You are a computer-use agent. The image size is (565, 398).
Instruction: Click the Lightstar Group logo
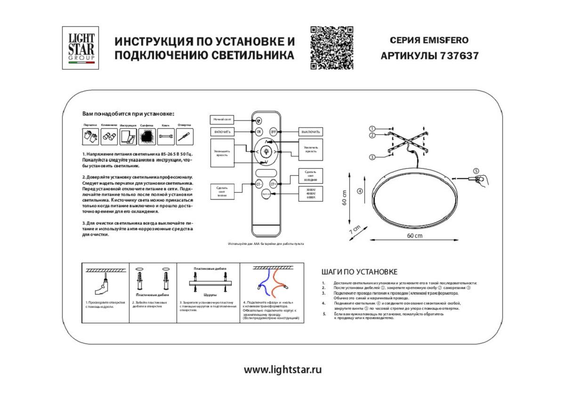point(81,48)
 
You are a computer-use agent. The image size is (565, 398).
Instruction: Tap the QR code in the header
point(331,48)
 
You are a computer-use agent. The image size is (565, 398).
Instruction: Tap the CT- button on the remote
point(259,185)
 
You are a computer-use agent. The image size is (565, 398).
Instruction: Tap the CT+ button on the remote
point(273,185)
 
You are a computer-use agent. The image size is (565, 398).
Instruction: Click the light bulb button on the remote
point(266,151)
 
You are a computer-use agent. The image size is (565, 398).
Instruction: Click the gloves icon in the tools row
point(90,137)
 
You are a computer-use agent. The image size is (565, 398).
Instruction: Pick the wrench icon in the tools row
point(165,137)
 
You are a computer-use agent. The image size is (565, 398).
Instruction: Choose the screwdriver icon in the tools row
point(184,137)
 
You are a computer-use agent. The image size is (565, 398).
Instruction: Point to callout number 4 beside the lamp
point(359,191)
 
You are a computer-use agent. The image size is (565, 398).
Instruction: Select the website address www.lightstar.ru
point(282,369)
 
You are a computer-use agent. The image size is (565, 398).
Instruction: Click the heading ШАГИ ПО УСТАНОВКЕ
point(359,272)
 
